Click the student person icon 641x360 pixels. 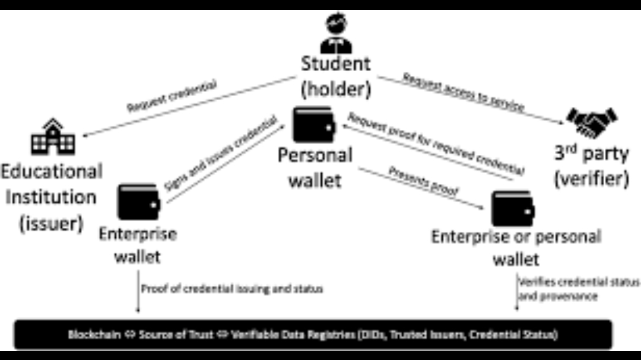click(336, 34)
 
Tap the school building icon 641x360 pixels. click(53, 137)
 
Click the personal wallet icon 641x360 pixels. click(315, 124)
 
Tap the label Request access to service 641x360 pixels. click(464, 93)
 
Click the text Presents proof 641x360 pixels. click(423, 182)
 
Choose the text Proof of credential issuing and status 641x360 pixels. click(232, 289)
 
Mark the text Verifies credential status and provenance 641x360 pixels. click(579, 288)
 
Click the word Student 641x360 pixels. click(335, 63)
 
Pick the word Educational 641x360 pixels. click(52, 171)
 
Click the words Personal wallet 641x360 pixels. click(315, 167)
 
